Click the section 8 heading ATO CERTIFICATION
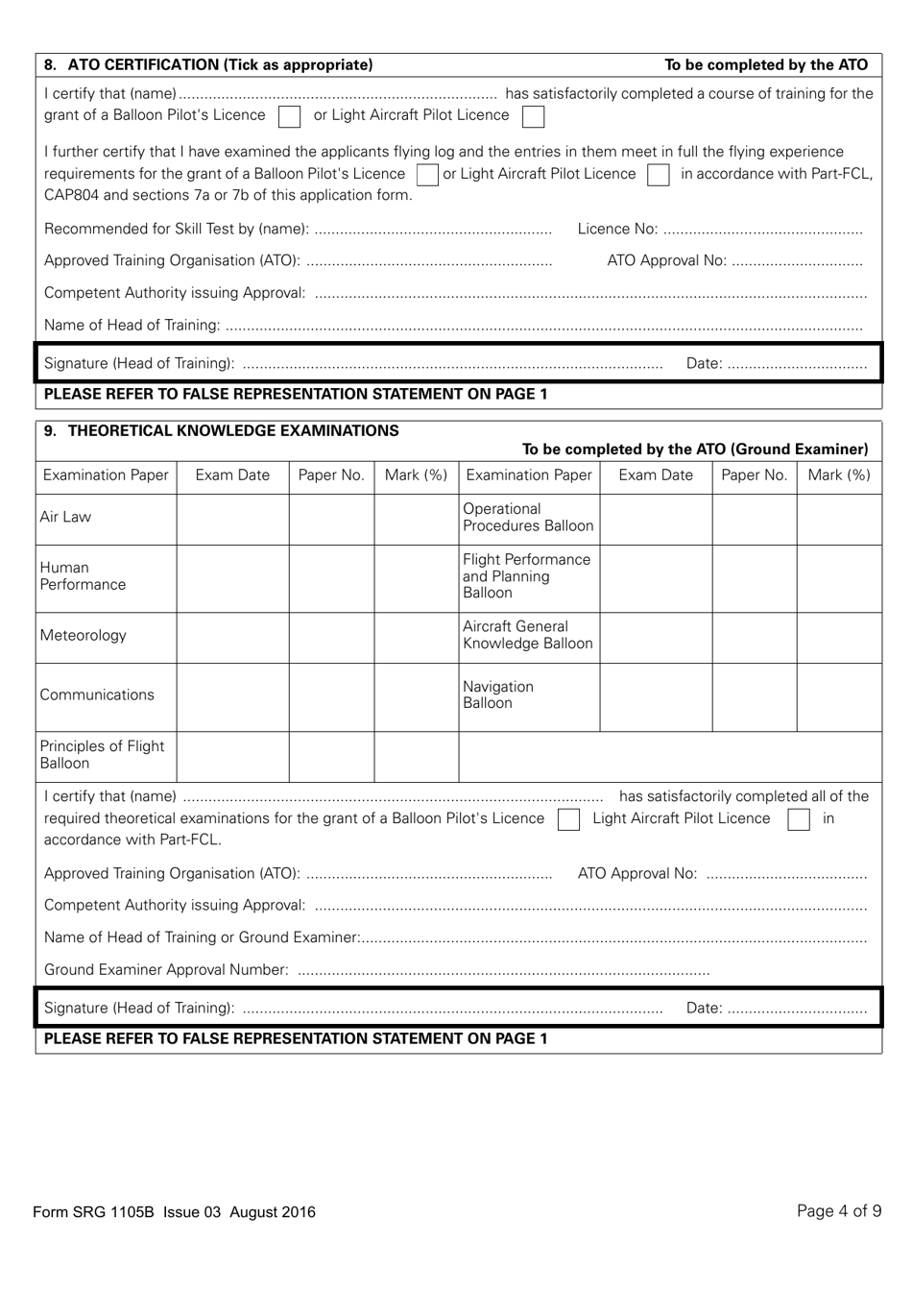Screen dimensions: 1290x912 click(208, 65)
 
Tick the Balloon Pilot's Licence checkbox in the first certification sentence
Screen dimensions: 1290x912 click(289, 116)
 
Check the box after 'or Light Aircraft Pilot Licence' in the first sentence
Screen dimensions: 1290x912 click(534, 116)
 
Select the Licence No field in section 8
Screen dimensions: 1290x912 click(762, 231)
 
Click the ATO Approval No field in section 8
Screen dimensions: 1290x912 click(797, 262)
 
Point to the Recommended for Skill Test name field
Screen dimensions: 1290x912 click(432, 231)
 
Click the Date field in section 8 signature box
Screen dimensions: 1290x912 click(797, 364)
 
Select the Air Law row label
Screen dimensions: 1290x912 click(65, 517)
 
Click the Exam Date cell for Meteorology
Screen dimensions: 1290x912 click(232, 636)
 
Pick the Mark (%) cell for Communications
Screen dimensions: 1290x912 click(416, 695)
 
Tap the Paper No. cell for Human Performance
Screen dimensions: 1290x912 click(331, 576)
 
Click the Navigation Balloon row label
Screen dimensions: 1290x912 click(497, 695)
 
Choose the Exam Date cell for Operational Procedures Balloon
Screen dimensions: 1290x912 click(656, 518)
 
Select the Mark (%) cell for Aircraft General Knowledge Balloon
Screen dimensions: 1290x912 click(839, 636)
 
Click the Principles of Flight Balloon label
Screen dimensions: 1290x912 click(102, 755)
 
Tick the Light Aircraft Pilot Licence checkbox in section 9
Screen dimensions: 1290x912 click(799, 819)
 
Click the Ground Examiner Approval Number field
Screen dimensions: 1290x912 click(503, 971)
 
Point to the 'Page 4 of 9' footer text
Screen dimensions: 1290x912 click(838, 1211)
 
